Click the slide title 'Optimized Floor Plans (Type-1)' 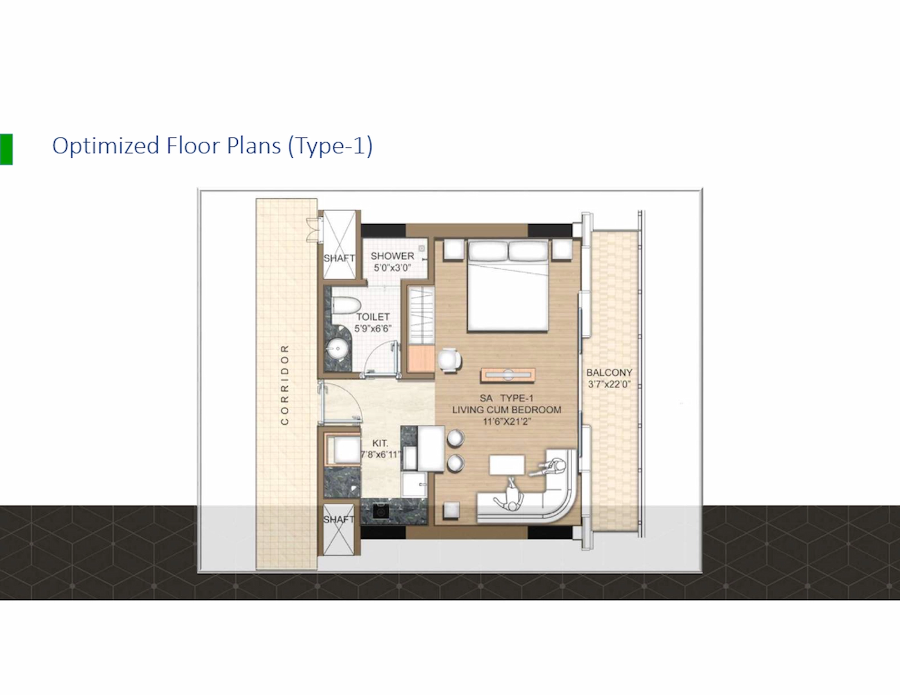click(212, 146)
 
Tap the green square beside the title click(6, 149)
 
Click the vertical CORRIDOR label click(285, 385)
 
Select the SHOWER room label click(392, 256)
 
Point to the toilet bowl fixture click(345, 305)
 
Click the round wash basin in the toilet click(337, 349)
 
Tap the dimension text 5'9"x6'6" click(373, 328)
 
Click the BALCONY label click(609, 372)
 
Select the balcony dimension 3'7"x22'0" click(609, 384)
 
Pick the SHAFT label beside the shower click(339, 258)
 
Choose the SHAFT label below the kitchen click(338, 519)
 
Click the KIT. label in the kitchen click(380, 443)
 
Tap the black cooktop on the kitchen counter click(380, 512)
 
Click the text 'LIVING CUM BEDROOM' click(506, 410)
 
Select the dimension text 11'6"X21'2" click(506, 422)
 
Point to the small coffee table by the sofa click(507, 465)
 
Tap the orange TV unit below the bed click(508, 375)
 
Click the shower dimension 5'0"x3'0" click(392, 268)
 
